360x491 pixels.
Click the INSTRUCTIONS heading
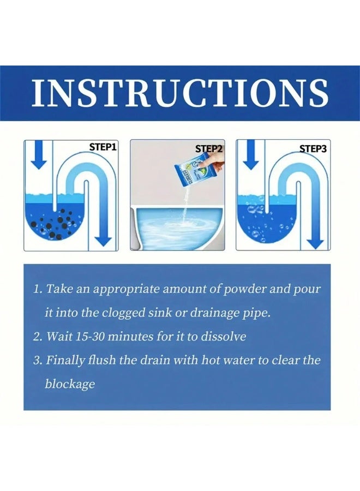[x=180, y=93]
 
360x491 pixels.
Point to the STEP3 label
[x=313, y=148]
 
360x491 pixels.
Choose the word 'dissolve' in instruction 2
[x=224, y=337]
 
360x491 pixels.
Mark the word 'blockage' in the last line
[x=70, y=384]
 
